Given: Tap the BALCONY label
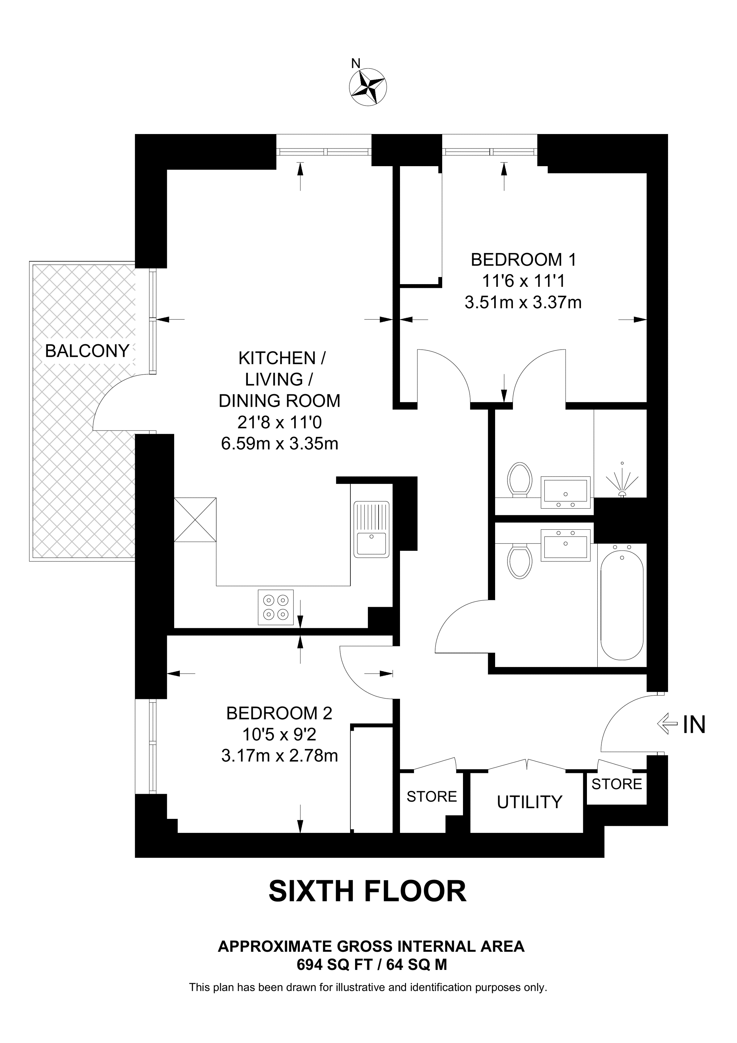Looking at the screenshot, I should pyautogui.click(x=87, y=351).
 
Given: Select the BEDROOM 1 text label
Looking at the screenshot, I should pyautogui.click(x=523, y=260).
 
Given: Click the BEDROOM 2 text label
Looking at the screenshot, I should pyautogui.click(x=279, y=713).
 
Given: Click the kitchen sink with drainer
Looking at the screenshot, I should pyautogui.click(x=372, y=529).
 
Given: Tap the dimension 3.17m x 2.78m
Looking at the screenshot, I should pyautogui.click(x=279, y=756).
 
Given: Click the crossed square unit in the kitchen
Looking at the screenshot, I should pyautogui.click(x=195, y=520).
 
